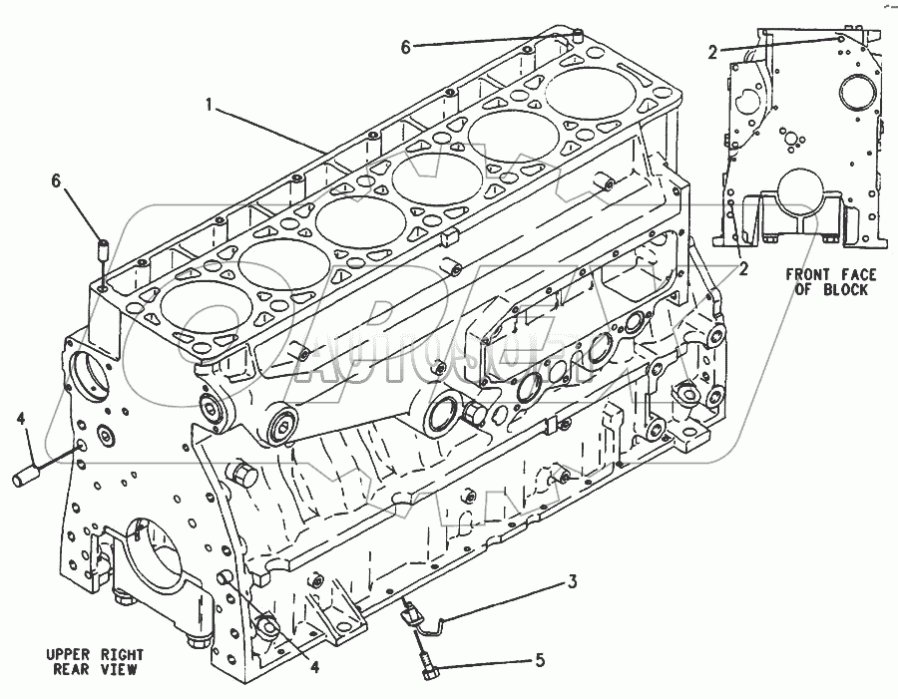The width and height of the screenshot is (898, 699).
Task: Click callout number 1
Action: [x=211, y=104]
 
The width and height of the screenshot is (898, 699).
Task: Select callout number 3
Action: [x=573, y=581]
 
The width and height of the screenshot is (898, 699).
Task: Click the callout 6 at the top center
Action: [x=405, y=46]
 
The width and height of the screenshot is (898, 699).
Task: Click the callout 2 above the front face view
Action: [x=711, y=52]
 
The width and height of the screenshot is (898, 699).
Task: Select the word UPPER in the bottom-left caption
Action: [x=68, y=655]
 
